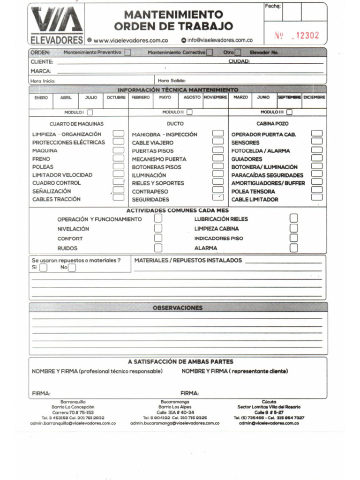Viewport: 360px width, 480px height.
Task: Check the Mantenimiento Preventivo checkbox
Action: [x=127, y=52]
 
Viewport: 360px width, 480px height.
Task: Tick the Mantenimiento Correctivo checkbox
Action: [x=210, y=52]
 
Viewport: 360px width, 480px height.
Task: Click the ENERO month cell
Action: [x=41, y=97]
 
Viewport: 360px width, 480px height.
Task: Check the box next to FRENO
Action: [x=119, y=159]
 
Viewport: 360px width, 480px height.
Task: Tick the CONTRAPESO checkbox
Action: [x=218, y=191]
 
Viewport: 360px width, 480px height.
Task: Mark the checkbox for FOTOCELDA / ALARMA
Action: [x=317, y=150]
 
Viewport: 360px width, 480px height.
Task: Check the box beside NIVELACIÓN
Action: [x=158, y=228]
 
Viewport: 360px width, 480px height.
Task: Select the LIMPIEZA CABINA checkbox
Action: [x=294, y=228]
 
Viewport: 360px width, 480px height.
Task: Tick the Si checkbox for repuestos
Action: [x=43, y=268]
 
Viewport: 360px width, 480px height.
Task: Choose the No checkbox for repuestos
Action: [x=72, y=268]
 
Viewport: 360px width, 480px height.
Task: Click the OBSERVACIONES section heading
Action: [x=178, y=308]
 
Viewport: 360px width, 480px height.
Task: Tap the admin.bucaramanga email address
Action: [x=175, y=423]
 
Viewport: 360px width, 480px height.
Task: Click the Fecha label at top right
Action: [x=273, y=6]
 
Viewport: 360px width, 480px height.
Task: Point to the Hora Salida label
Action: [x=172, y=81]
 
